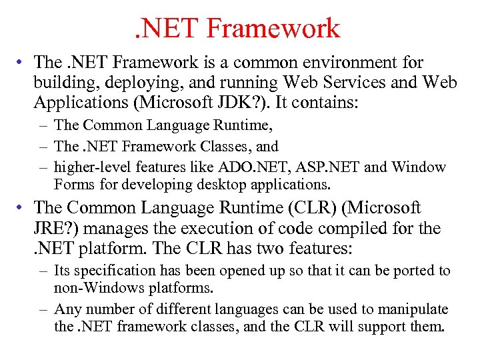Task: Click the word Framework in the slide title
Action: click(273, 29)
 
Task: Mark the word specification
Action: click(111, 271)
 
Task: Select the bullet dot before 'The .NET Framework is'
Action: click(23, 63)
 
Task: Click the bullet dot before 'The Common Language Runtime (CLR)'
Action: click(23, 208)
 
